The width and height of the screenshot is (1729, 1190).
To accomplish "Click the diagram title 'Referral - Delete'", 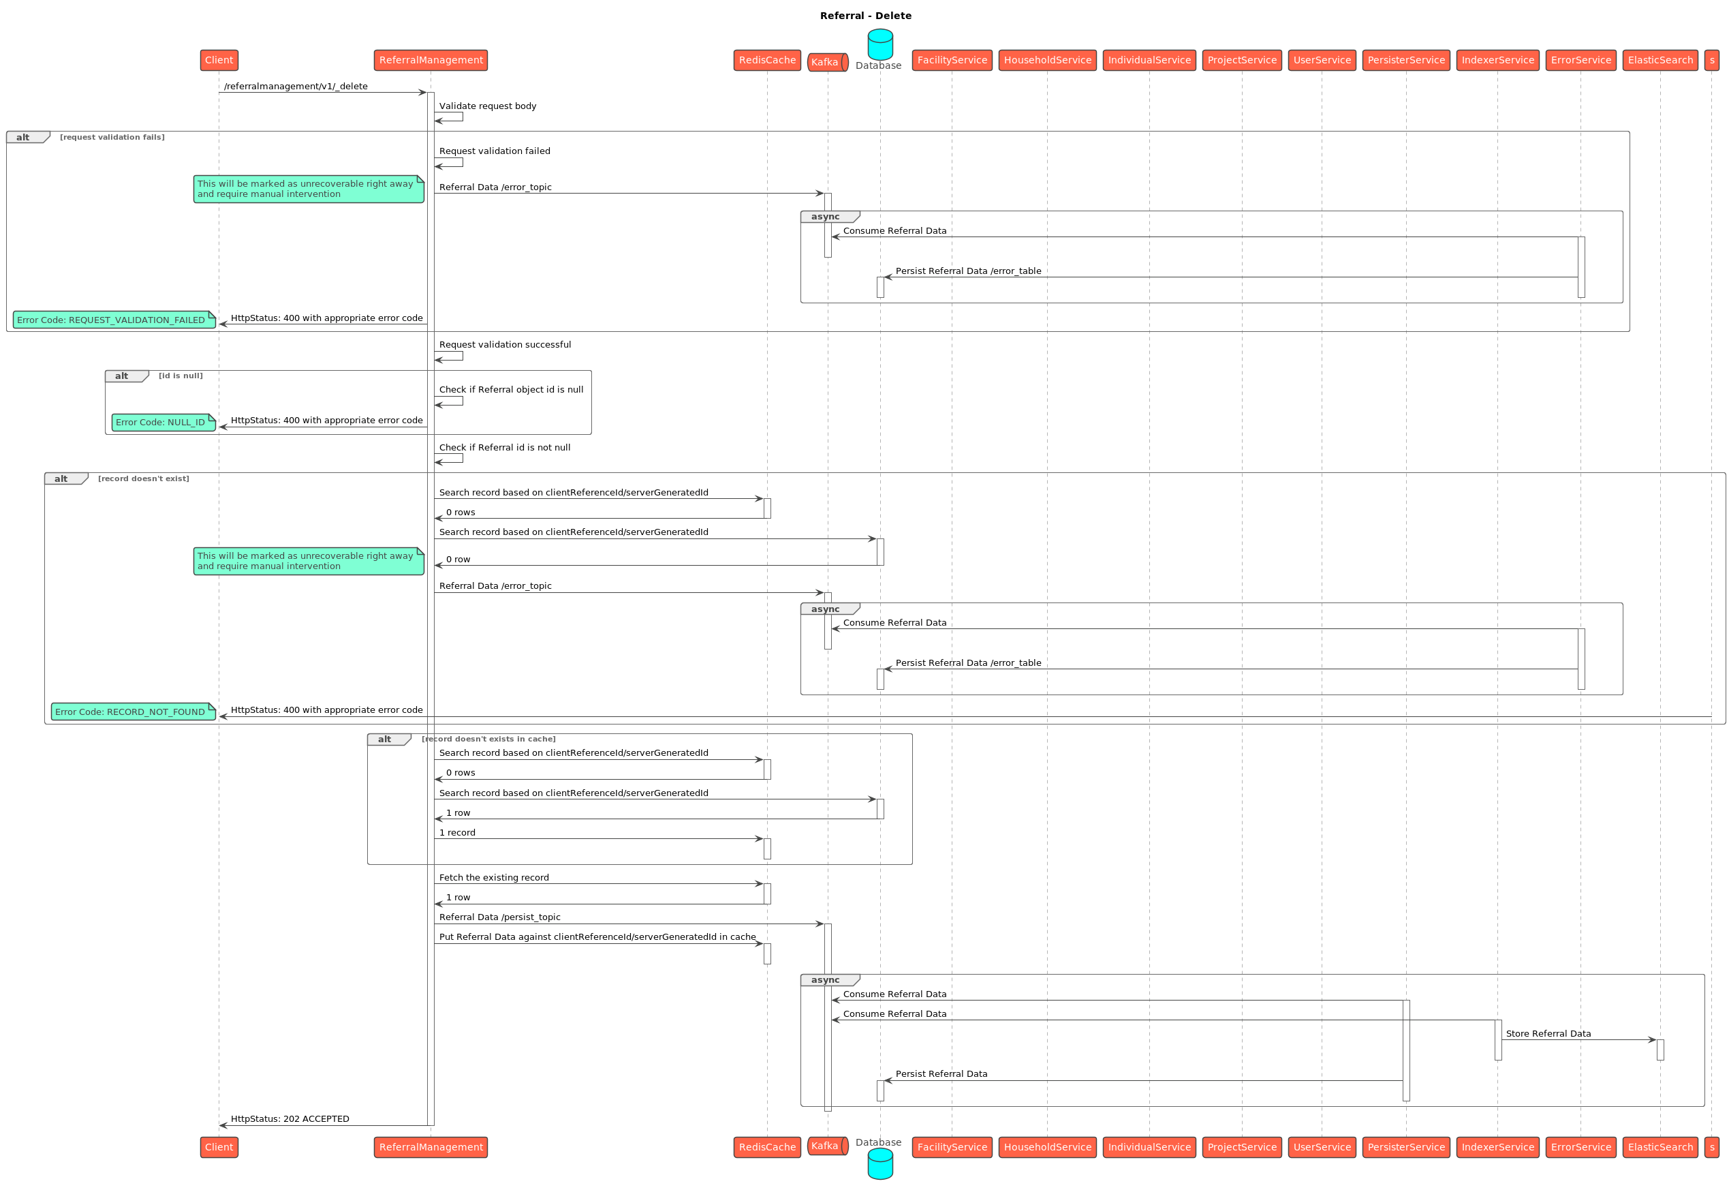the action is (x=865, y=16).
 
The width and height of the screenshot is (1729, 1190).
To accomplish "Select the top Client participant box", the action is (x=219, y=61).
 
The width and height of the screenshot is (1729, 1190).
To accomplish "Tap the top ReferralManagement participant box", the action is (x=431, y=61).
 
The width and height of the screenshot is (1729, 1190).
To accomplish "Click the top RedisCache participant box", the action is (x=767, y=61).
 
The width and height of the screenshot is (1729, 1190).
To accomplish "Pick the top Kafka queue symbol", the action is (x=827, y=63).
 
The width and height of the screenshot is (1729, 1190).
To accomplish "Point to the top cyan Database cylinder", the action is (x=880, y=45).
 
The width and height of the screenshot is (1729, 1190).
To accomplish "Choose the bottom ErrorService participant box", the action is (x=1580, y=1147).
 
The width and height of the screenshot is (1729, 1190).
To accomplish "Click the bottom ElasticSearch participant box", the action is (x=1660, y=1147).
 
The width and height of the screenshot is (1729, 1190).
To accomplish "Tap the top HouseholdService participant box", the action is (x=1047, y=61).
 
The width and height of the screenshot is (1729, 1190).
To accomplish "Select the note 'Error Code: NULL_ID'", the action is (x=164, y=422).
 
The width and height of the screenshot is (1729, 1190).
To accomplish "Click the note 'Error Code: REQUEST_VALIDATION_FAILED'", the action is (x=114, y=320).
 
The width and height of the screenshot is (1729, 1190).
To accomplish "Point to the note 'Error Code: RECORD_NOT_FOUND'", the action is (x=134, y=712).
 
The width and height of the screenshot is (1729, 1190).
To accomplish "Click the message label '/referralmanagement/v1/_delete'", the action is (x=296, y=87).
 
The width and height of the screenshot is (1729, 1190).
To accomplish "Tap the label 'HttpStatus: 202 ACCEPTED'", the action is (x=290, y=1118).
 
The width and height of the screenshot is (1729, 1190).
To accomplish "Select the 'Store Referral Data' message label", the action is (x=1548, y=1033).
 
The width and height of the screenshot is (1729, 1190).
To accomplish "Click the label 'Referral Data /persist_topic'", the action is (x=499, y=917).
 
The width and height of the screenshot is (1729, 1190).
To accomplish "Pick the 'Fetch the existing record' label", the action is (x=493, y=878).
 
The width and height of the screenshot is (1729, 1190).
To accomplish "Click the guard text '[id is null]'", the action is (x=181, y=376).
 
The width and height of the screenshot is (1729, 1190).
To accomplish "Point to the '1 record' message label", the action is (x=457, y=833).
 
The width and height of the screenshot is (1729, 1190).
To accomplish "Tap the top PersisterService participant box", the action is (x=1405, y=61).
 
